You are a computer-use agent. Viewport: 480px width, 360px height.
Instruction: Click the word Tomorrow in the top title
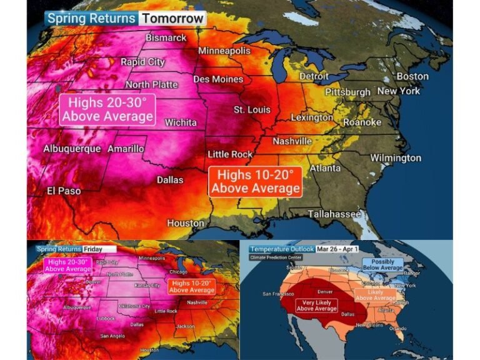coord(172,18)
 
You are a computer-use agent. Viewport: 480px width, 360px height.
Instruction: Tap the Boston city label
coord(412,76)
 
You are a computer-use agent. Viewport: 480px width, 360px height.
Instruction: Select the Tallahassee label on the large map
coord(334,214)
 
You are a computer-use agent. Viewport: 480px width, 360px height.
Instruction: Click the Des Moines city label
coord(219,79)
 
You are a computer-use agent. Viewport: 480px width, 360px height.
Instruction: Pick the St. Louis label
coord(252,109)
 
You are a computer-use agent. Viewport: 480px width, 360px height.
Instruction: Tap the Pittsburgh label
coord(342,92)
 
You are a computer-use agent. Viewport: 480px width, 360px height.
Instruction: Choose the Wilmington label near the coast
coord(396,157)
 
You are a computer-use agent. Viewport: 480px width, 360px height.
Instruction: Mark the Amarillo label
coord(126,149)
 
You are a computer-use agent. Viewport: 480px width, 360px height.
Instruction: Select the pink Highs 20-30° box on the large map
coord(107,109)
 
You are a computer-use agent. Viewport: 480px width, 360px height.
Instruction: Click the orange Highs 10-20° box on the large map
coord(256,181)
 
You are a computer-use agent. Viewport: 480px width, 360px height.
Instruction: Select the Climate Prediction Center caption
coord(275,257)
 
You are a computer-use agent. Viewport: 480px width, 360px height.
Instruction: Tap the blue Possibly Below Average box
coord(383,264)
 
